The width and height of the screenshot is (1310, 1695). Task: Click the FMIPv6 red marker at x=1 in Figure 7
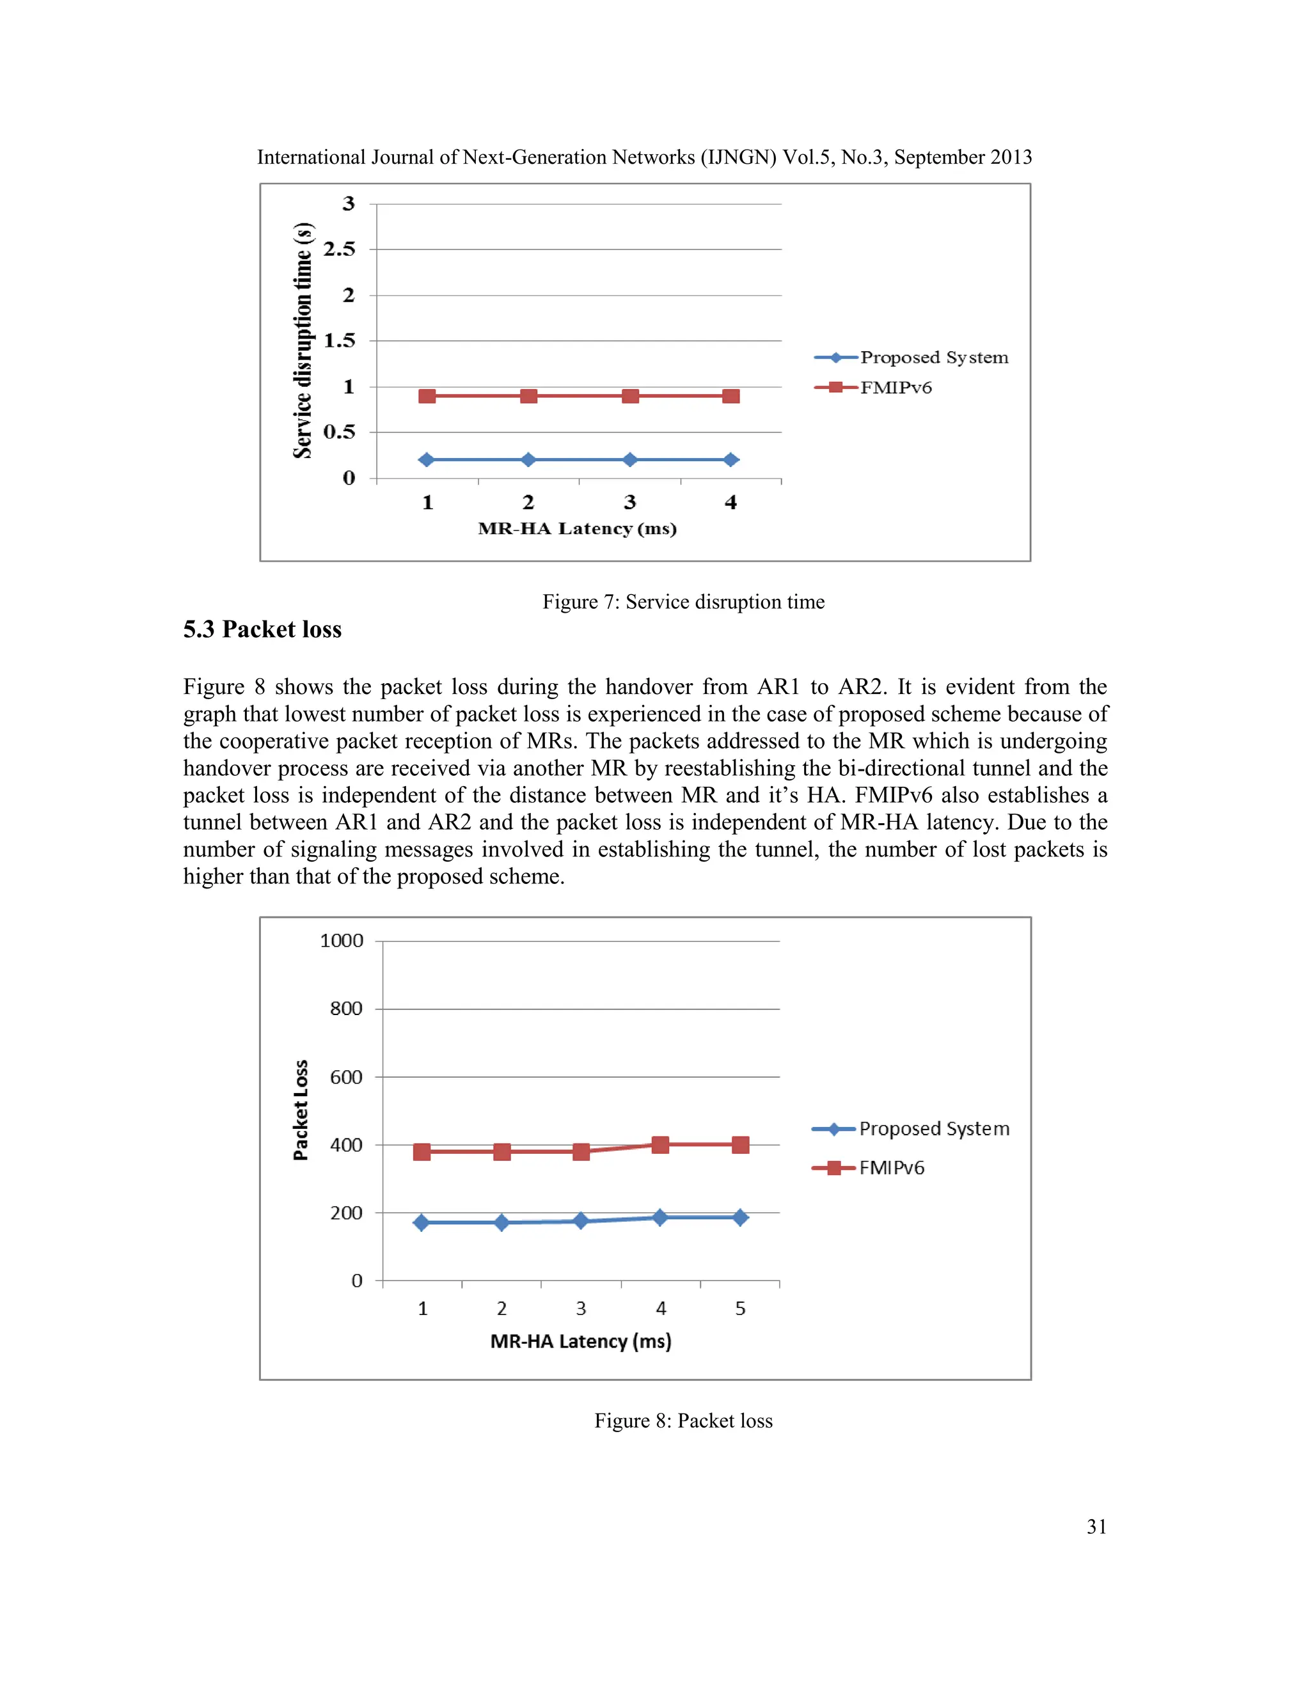tap(427, 397)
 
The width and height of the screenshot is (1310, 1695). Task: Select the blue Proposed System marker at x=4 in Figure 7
tap(730, 461)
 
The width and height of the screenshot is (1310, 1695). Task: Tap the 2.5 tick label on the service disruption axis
tap(339, 249)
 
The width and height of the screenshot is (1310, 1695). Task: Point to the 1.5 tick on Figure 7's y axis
tap(339, 341)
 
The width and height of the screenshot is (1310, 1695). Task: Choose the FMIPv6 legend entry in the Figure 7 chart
tap(895, 387)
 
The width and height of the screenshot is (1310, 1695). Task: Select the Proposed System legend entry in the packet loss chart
tap(934, 1129)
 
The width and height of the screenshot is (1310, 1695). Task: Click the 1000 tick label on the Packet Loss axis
tap(342, 942)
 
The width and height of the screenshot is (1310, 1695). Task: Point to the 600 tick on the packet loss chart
tap(346, 1077)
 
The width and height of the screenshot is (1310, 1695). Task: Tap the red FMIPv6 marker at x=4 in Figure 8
tap(660, 1145)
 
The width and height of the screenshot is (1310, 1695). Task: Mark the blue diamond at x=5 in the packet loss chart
tap(740, 1217)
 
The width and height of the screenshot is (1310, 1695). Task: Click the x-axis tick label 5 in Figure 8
tap(740, 1309)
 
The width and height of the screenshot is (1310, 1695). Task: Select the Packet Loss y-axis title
tap(301, 1110)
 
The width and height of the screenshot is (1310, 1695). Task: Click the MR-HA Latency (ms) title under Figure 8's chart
tap(581, 1341)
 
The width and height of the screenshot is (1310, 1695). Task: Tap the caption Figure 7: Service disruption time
tap(683, 603)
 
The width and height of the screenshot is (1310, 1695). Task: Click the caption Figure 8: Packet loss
tap(683, 1421)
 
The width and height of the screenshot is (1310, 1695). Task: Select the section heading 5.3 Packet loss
tap(262, 629)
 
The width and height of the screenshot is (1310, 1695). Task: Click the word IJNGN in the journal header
tap(738, 157)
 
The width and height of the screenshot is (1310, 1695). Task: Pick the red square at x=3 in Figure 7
tap(630, 397)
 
